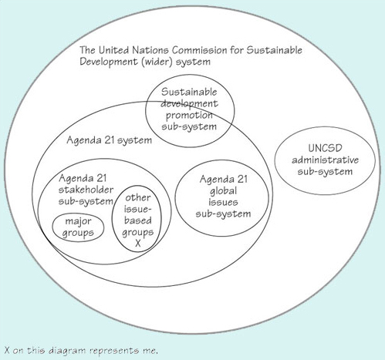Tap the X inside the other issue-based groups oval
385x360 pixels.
coord(137,242)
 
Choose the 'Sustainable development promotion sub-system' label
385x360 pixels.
coord(189,109)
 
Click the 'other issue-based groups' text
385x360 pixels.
coord(137,220)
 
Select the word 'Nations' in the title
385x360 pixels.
coord(150,50)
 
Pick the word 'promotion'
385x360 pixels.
coord(189,113)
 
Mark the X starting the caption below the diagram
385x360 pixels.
coord(7,349)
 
